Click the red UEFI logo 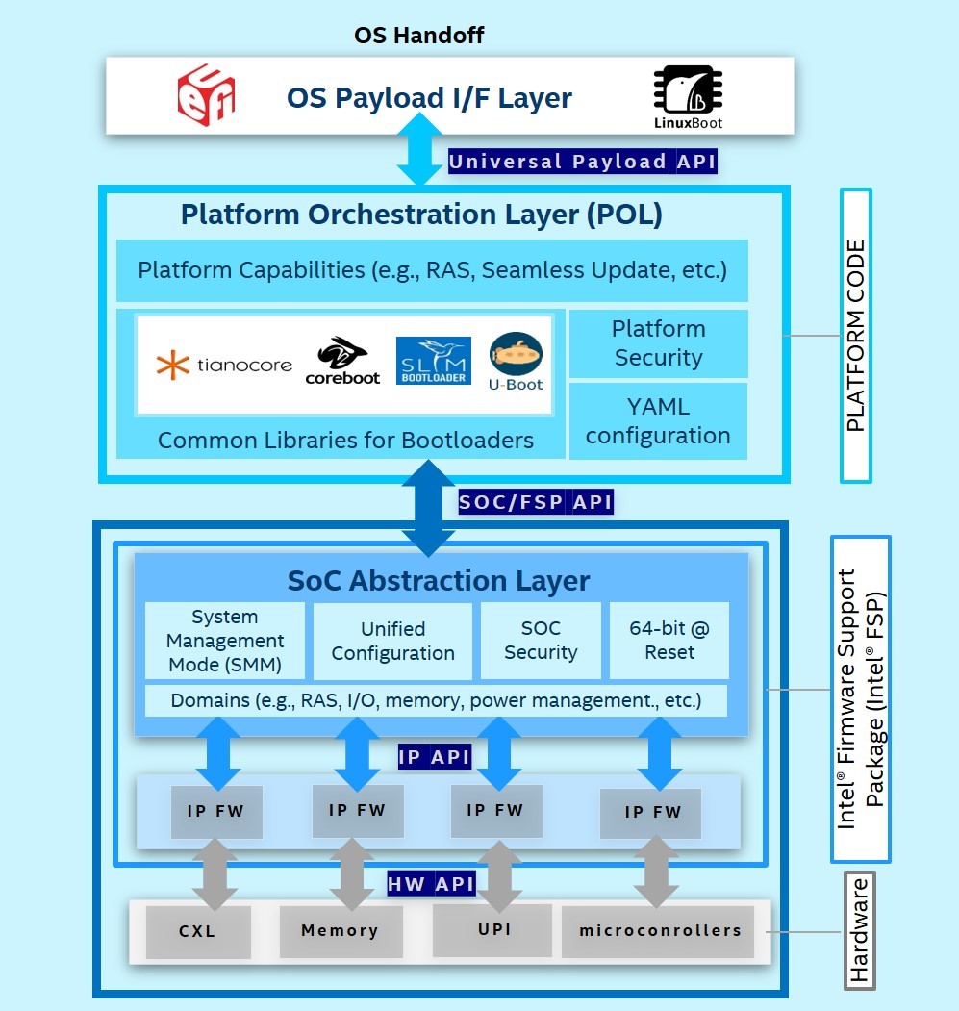(x=207, y=95)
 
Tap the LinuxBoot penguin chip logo (x=688, y=97)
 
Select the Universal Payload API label (x=582, y=162)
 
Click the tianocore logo (x=224, y=365)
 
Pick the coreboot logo (x=342, y=361)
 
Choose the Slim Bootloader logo (x=434, y=361)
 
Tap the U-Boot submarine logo (x=516, y=362)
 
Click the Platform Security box (x=659, y=343)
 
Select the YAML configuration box (x=659, y=421)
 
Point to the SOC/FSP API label (x=535, y=501)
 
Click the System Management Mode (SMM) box (x=225, y=641)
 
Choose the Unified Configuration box (x=392, y=641)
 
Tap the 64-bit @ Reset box (x=669, y=641)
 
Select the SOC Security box (x=542, y=641)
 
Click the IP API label (x=434, y=757)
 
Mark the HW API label (x=431, y=884)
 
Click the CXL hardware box (x=198, y=932)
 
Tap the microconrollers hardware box (x=659, y=931)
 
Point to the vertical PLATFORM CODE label (x=856, y=336)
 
